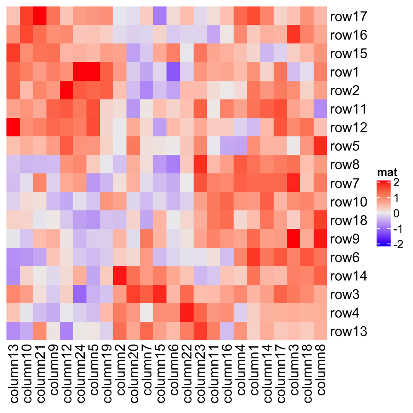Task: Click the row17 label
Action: click(x=348, y=17)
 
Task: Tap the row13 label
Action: click(x=348, y=332)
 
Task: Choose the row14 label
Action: click(x=348, y=276)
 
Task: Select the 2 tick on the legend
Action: click(x=396, y=183)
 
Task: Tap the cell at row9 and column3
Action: click(x=294, y=239)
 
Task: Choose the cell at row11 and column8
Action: click(x=321, y=110)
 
